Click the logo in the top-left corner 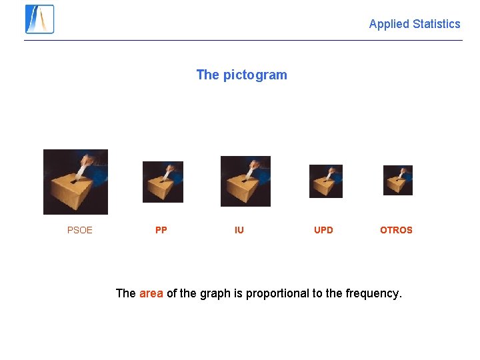(39, 19)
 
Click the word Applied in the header (389, 24)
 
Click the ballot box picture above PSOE (75, 182)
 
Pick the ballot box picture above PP (163, 182)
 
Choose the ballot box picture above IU (245, 181)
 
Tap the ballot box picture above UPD (326, 181)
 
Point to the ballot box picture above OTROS (398, 180)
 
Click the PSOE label (80, 230)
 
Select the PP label (161, 230)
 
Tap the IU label (239, 230)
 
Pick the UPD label (323, 230)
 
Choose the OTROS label (396, 230)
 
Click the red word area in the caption (151, 293)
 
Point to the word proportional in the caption (277, 293)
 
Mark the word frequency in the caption (373, 293)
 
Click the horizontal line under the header (243, 40)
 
